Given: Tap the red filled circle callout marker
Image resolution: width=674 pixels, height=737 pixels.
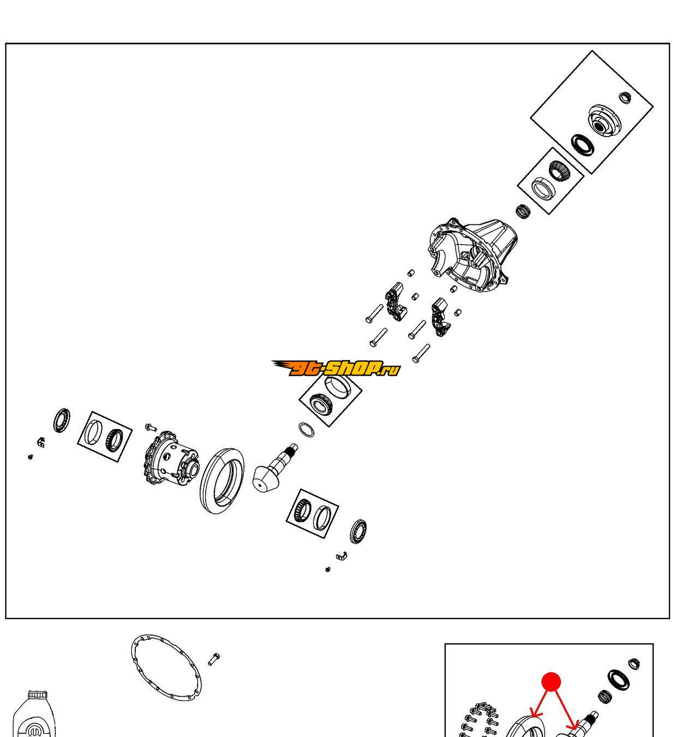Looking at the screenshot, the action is coord(551,682).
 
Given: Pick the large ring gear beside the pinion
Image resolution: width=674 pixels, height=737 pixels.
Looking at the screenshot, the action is coord(222,480).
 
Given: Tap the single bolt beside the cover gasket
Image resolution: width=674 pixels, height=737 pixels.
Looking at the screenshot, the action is coord(214,659).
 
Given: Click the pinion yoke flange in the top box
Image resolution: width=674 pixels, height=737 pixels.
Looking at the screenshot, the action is coord(604,122).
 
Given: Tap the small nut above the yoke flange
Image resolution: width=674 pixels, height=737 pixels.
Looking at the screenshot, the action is coord(624,97).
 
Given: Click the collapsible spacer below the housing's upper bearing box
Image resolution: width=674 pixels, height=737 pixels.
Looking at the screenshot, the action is coord(523,211).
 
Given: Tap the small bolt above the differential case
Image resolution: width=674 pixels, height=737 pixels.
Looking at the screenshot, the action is coord(151,427).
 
